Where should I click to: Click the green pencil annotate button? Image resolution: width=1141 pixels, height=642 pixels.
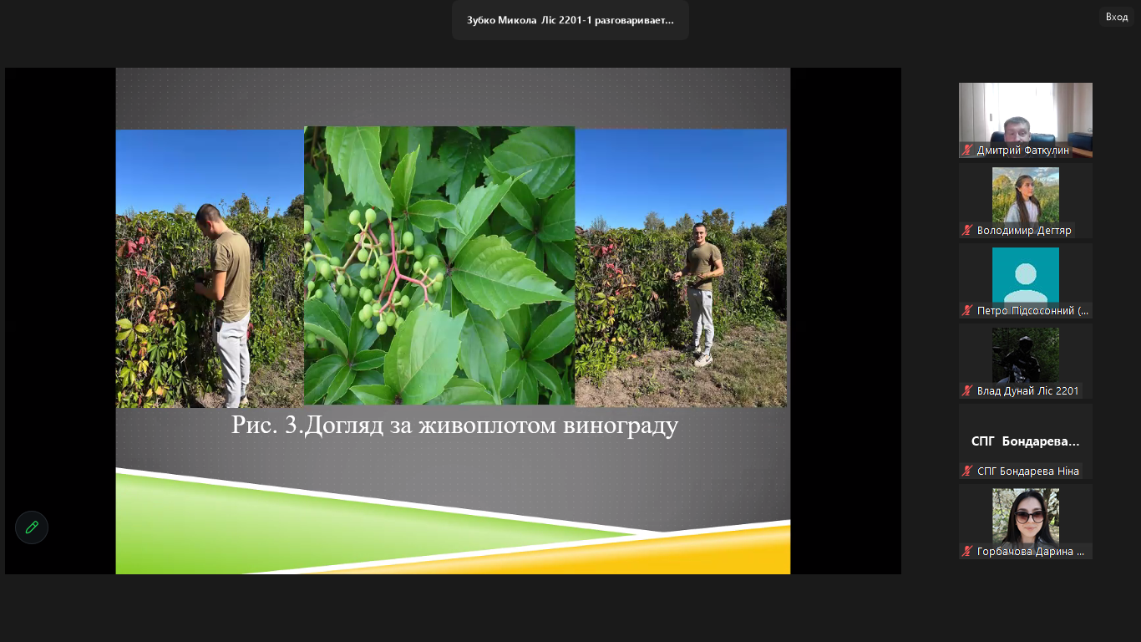click(32, 527)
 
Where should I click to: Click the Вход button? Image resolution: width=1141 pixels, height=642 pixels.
click(1117, 18)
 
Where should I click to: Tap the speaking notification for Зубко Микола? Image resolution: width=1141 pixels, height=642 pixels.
click(570, 20)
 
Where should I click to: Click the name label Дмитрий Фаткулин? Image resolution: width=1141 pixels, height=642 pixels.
click(1023, 150)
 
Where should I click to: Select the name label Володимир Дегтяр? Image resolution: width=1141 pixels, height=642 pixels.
click(1024, 231)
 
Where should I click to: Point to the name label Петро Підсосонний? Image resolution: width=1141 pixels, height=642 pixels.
click(1032, 310)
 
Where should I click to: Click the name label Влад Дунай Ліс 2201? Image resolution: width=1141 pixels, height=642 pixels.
click(1027, 391)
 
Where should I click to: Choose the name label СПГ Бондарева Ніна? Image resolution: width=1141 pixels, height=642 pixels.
click(1028, 471)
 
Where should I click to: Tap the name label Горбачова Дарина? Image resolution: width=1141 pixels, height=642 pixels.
click(1031, 551)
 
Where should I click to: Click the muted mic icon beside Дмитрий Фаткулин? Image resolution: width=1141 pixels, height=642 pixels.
click(967, 150)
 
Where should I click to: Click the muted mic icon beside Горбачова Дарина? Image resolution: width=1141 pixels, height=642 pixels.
click(967, 551)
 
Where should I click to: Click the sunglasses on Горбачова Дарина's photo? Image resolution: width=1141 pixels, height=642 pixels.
click(1029, 517)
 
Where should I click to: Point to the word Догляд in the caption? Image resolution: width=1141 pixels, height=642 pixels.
click(344, 425)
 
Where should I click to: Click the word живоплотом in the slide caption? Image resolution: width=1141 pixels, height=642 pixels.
click(488, 425)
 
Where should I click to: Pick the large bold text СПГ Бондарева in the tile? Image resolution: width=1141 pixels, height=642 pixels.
click(1025, 441)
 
